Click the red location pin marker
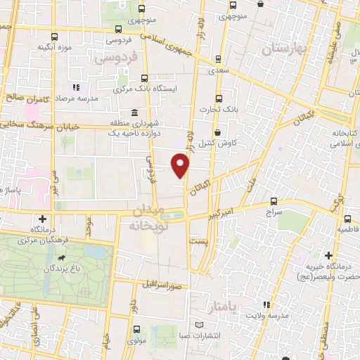181,166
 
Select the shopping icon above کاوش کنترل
217,131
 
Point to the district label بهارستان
281,49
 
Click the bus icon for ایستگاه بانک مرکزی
144,79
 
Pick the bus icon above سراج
274,200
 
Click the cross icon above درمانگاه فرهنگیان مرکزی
44,219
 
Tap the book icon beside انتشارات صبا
200,324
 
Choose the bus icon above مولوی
136,329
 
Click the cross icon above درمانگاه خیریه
328,254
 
